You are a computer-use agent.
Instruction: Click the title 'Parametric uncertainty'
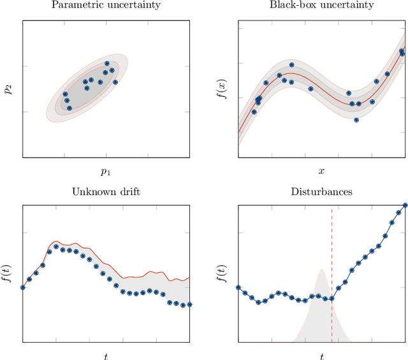point(106,6)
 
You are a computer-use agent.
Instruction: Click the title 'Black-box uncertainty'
point(321,6)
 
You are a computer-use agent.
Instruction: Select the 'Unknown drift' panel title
point(106,191)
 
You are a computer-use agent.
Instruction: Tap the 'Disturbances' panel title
point(321,191)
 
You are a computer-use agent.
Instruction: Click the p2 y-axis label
point(8,89)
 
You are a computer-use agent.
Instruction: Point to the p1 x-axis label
point(106,171)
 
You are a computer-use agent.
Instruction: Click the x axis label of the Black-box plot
point(321,171)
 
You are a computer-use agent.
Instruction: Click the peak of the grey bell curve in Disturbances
point(321,270)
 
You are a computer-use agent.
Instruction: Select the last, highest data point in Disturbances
point(405,205)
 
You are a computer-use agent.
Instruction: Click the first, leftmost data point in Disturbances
point(238,287)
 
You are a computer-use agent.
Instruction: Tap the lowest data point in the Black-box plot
point(356,120)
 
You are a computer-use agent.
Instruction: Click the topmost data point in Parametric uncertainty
point(107,64)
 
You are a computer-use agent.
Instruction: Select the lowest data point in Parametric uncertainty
point(69,108)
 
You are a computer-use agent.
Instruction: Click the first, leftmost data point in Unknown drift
point(23,287)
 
